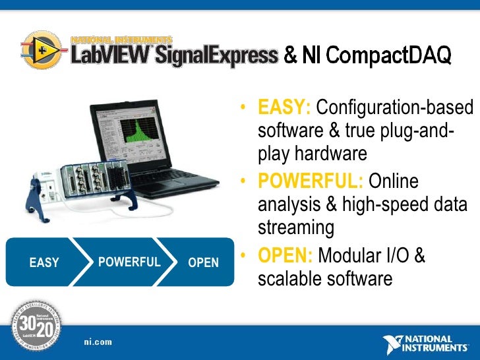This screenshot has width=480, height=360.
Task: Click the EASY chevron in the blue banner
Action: pyautogui.click(x=44, y=262)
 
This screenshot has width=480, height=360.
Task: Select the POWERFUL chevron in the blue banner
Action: pyautogui.click(x=129, y=262)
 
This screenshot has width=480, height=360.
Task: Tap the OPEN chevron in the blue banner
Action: pyautogui.click(x=203, y=262)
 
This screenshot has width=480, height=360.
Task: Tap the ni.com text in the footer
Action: pyautogui.click(x=97, y=342)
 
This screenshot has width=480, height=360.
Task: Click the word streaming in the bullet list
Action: pyautogui.click(x=295, y=228)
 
